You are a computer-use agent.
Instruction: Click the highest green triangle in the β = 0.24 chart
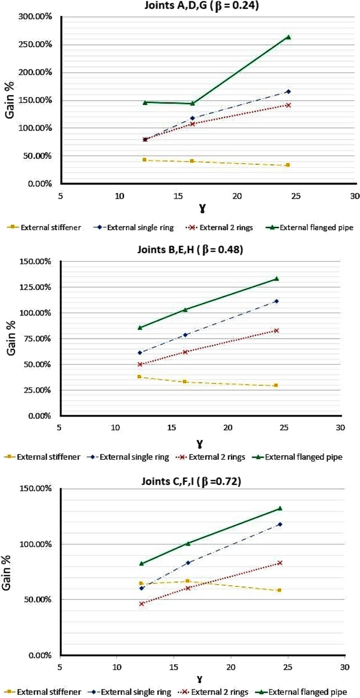tap(288, 37)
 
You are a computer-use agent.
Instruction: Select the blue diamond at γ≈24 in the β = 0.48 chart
tap(276, 301)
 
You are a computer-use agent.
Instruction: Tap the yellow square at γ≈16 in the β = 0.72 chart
tap(188, 581)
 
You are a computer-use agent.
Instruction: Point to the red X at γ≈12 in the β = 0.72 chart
tap(141, 604)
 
